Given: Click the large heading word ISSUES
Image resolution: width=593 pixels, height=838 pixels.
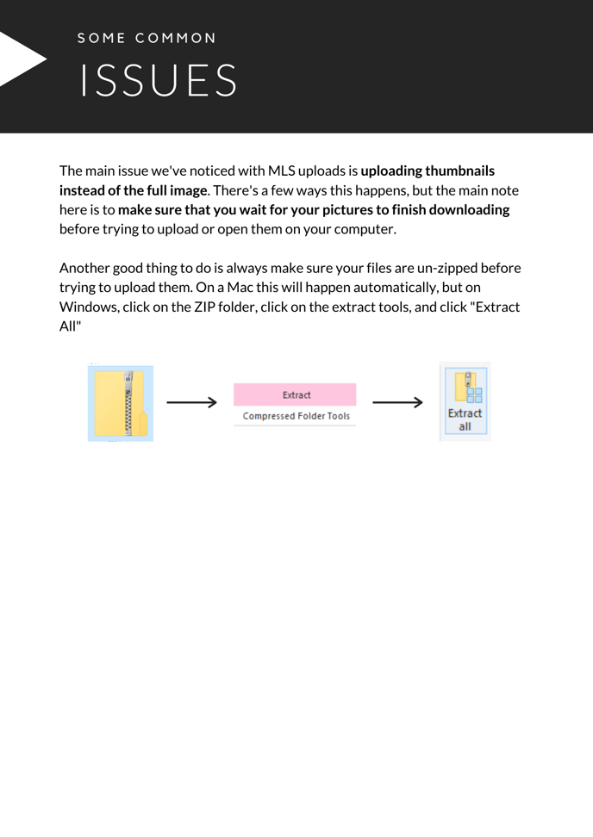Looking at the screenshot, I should point(159,81).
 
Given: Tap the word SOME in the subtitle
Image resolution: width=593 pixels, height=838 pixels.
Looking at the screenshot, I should point(102,38).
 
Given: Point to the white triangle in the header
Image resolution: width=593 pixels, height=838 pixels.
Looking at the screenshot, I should point(21,59).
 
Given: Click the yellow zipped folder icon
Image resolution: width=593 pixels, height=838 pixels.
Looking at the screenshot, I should point(121,403).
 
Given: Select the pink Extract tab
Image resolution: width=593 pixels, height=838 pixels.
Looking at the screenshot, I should point(295,394).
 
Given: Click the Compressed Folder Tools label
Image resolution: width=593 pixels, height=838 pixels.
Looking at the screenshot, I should point(296,416).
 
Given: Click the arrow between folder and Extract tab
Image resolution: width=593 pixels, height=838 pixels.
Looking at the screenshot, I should point(191,402).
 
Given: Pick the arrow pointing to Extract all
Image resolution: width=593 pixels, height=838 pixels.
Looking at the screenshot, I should point(397,402).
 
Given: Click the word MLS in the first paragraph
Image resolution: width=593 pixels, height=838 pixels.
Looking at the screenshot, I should point(282,171).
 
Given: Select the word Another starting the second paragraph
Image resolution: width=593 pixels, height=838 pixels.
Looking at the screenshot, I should point(85,268).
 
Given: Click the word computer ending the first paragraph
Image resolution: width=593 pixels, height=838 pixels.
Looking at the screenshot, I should point(365,229).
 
